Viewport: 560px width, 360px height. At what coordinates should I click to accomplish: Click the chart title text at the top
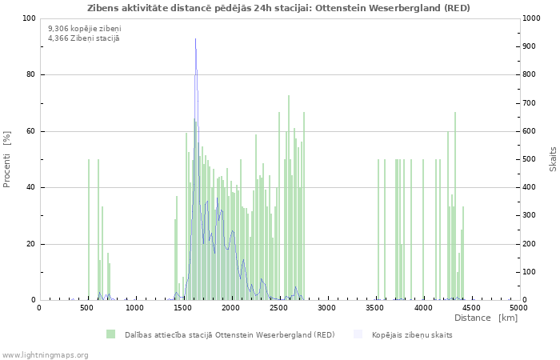pyautogui.click(x=279, y=8)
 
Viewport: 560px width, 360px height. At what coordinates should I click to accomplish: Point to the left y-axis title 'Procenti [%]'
pyautogui.click(x=7, y=159)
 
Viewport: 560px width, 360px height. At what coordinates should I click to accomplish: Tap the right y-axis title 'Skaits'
pyautogui.click(x=553, y=159)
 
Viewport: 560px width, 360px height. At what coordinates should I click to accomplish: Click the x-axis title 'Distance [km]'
pyautogui.click(x=486, y=318)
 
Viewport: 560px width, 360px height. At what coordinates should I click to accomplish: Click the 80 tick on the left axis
pyautogui.click(x=30, y=75)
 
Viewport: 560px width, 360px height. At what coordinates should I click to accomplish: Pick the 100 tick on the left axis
pyautogui.click(x=29, y=18)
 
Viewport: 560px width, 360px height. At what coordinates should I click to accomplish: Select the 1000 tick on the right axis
pyautogui.click(x=531, y=18)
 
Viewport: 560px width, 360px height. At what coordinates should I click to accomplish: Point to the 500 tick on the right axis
pyautogui.click(x=529, y=159)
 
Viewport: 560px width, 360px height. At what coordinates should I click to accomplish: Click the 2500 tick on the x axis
pyautogui.click(x=278, y=307)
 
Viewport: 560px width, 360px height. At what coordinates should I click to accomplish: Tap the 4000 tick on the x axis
pyautogui.click(x=422, y=307)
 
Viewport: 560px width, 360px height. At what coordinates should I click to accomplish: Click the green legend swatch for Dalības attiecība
pyautogui.click(x=110, y=334)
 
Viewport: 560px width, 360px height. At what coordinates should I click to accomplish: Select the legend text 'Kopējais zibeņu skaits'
pyautogui.click(x=412, y=334)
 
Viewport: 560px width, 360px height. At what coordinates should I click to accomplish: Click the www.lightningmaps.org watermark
pyautogui.click(x=45, y=354)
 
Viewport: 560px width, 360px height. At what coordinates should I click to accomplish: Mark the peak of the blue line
pyautogui.click(x=195, y=39)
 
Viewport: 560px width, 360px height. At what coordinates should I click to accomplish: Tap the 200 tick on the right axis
pyautogui.click(x=529, y=244)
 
